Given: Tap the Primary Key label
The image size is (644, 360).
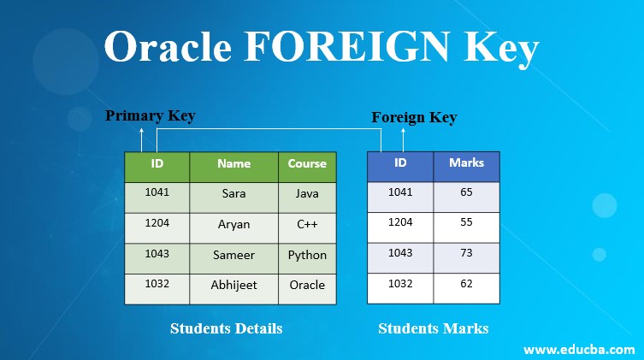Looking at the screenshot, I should click(x=151, y=116).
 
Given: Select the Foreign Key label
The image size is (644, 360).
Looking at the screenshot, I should click(x=414, y=117).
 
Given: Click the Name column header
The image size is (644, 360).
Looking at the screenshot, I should click(x=233, y=163).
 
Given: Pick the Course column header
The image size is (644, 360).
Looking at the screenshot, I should click(x=307, y=163).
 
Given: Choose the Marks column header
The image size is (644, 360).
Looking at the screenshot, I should click(x=466, y=162).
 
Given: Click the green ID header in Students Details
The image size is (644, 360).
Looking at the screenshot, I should click(x=157, y=163).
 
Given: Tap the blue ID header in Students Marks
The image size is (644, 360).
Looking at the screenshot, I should click(x=400, y=162).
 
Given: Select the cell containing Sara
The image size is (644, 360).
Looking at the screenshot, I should click(x=233, y=193).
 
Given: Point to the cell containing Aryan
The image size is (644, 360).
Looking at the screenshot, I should click(x=233, y=224).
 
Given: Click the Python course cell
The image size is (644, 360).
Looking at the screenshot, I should click(x=307, y=255).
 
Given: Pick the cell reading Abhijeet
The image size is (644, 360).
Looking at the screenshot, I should click(x=233, y=285).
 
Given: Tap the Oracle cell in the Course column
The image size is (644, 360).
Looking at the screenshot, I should click(x=307, y=285).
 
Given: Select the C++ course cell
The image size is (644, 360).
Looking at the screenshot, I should click(x=307, y=224).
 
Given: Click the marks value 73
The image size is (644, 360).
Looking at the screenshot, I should click(x=466, y=254).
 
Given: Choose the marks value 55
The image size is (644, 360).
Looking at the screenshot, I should click(x=466, y=223).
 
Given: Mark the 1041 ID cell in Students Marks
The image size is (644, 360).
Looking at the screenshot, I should click(x=400, y=192).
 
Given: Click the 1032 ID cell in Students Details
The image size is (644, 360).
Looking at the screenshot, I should click(x=157, y=284).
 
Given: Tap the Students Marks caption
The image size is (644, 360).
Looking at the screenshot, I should click(x=434, y=328).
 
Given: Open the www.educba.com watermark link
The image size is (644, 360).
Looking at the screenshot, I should click(x=578, y=349).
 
